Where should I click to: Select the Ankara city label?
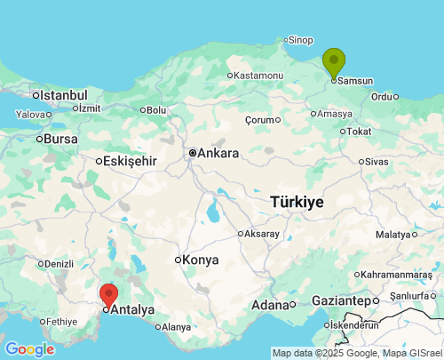[218, 153]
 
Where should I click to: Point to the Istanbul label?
[63, 95]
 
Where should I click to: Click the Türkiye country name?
[297, 202]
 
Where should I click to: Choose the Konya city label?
[201, 260]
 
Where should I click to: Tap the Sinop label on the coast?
[301, 40]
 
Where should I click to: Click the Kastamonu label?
[259, 76]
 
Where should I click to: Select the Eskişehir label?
[130, 161]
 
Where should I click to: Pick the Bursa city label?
[60, 139]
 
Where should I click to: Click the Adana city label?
[271, 305]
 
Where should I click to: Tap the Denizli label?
[59, 264]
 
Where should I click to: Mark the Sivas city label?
[377, 162]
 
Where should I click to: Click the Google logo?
[28, 349]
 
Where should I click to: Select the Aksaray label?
[261, 234]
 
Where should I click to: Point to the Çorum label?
[260, 120]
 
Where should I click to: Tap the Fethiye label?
[61, 322]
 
